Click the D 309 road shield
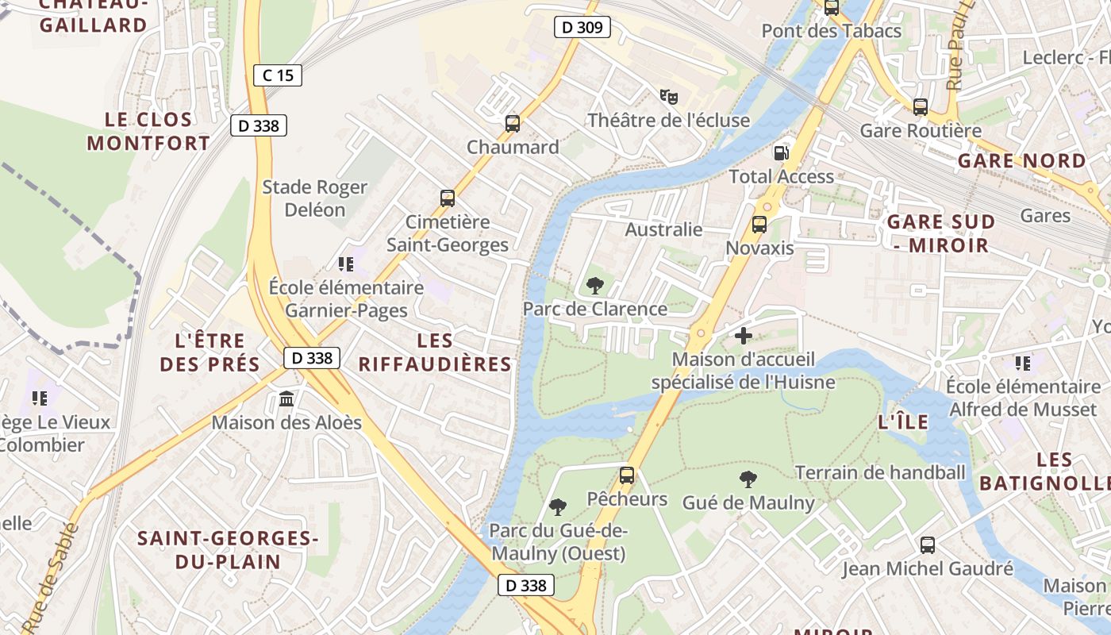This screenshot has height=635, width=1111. (582, 28)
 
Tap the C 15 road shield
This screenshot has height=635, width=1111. (278, 75)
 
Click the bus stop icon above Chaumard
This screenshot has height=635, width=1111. (513, 124)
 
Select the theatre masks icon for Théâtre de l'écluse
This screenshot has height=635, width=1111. (669, 97)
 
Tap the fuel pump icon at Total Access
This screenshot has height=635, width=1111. (782, 152)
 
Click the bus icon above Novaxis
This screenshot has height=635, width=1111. (759, 225)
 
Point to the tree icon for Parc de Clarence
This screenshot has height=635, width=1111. (594, 286)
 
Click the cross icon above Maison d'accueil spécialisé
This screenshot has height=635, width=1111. (744, 336)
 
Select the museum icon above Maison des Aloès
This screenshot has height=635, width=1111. (286, 398)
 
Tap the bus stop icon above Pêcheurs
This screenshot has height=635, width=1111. (627, 475)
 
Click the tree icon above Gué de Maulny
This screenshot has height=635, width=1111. (748, 479)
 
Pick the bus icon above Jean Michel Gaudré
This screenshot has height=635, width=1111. (928, 545)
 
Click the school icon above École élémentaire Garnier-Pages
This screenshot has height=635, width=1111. (345, 264)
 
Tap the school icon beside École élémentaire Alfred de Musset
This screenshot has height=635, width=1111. (1023, 364)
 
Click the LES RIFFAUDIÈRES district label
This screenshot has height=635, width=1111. (435, 352)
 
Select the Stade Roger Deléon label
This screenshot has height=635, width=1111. (315, 198)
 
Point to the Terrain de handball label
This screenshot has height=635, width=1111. (880, 473)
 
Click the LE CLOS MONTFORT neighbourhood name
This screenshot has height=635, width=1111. (149, 132)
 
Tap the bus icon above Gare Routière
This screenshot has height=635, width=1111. (921, 106)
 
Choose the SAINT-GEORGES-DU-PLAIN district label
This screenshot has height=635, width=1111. (228, 550)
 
